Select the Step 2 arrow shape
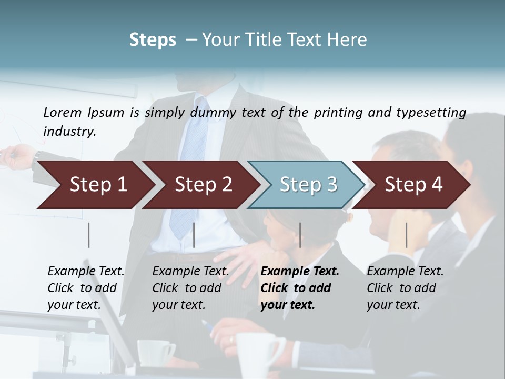point(203,185)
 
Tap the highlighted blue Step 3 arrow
point(308,185)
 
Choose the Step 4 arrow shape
point(413,185)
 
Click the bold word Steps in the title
point(153,40)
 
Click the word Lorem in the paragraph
point(62,112)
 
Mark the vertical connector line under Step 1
point(89,235)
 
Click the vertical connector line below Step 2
point(194,235)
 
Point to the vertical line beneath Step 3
point(300,235)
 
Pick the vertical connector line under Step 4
point(406,235)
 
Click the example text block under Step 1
point(86,288)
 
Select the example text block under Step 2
point(190,288)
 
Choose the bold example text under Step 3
point(300,288)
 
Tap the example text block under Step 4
point(405,288)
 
